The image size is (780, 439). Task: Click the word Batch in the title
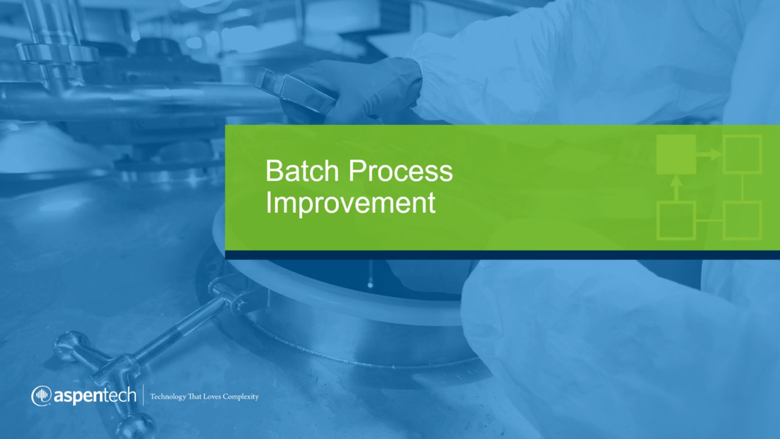pyautogui.click(x=302, y=171)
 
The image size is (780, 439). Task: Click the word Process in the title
pyautogui.click(x=400, y=171)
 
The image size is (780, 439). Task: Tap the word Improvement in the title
pyautogui.click(x=350, y=203)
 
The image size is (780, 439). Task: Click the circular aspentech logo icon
pyautogui.click(x=41, y=396)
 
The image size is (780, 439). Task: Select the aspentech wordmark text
pyautogui.click(x=94, y=396)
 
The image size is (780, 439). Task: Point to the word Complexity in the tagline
pyautogui.click(x=241, y=397)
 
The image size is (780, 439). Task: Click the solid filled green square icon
pyautogui.click(x=676, y=154)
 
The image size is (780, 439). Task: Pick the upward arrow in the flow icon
pyautogui.click(x=676, y=188)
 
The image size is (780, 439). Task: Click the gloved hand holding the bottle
pyautogui.click(x=352, y=91)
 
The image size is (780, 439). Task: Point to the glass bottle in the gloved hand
pyautogui.click(x=296, y=91)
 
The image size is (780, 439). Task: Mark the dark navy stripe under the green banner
pyautogui.click(x=503, y=255)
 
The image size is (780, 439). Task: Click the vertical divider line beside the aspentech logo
pyautogui.click(x=143, y=395)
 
